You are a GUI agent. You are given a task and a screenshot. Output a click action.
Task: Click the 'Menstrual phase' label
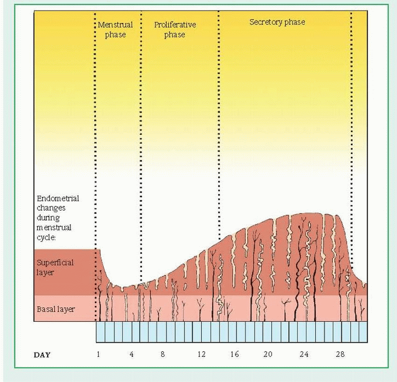[115, 30]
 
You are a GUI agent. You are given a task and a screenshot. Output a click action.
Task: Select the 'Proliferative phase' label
[175, 30]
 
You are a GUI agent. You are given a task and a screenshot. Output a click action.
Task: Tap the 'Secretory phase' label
[277, 22]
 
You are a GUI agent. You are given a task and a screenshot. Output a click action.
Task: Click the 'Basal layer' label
[56, 309]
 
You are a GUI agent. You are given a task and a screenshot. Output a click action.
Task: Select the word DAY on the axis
[42, 355]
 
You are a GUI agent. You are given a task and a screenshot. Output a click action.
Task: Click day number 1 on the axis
[99, 354]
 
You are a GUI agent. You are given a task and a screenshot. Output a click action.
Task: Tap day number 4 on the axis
[131, 354]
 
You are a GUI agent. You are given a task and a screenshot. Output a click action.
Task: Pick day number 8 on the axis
[163, 354]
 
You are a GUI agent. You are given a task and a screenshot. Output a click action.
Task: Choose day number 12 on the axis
[201, 354]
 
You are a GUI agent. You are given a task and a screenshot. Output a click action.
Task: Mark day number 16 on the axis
[234, 354]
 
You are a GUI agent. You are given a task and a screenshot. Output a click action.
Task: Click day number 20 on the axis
[268, 354]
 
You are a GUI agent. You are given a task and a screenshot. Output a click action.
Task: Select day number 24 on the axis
[304, 354]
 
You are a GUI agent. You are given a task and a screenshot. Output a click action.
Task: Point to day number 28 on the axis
[340, 354]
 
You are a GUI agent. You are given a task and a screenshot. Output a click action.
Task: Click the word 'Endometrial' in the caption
[58, 198]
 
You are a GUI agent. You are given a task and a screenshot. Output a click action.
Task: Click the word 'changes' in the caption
[51, 208]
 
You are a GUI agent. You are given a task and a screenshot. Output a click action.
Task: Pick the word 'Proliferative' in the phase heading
[175, 25]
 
